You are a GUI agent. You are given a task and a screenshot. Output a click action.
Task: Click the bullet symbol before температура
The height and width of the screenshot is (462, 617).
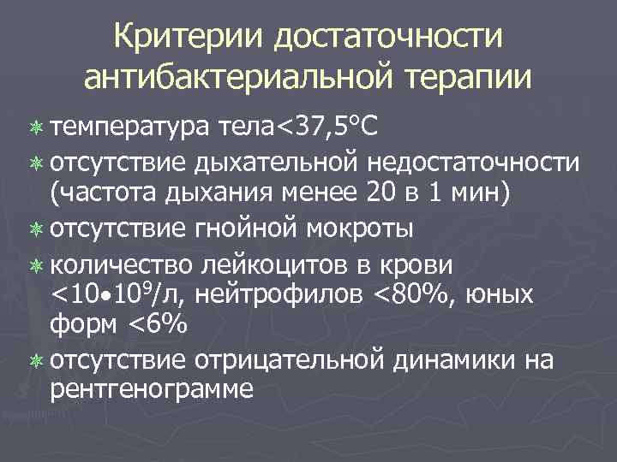[36, 128]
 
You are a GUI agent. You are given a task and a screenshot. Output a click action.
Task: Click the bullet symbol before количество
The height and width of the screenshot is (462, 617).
[36, 264]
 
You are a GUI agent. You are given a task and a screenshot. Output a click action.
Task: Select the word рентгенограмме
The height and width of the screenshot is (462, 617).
[152, 392]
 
